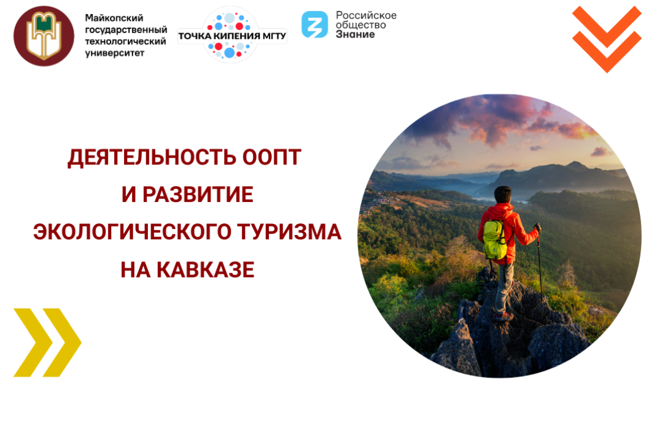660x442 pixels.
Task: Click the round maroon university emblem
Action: tap(44, 35)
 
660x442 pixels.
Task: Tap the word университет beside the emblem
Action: tap(115, 53)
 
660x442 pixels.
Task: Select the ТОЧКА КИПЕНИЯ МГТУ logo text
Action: tap(232, 36)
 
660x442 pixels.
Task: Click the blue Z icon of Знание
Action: tap(314, 25)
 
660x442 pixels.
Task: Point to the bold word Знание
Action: tap(355, 34)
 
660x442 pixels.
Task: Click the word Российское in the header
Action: tap(366, 15)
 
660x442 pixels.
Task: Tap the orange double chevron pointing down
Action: tap(606, 38)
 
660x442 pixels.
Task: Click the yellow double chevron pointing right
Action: tap(47, 342)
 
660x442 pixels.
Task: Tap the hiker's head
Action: tap(503, 195)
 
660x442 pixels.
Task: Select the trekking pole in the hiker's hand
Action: tap(539, 258)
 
